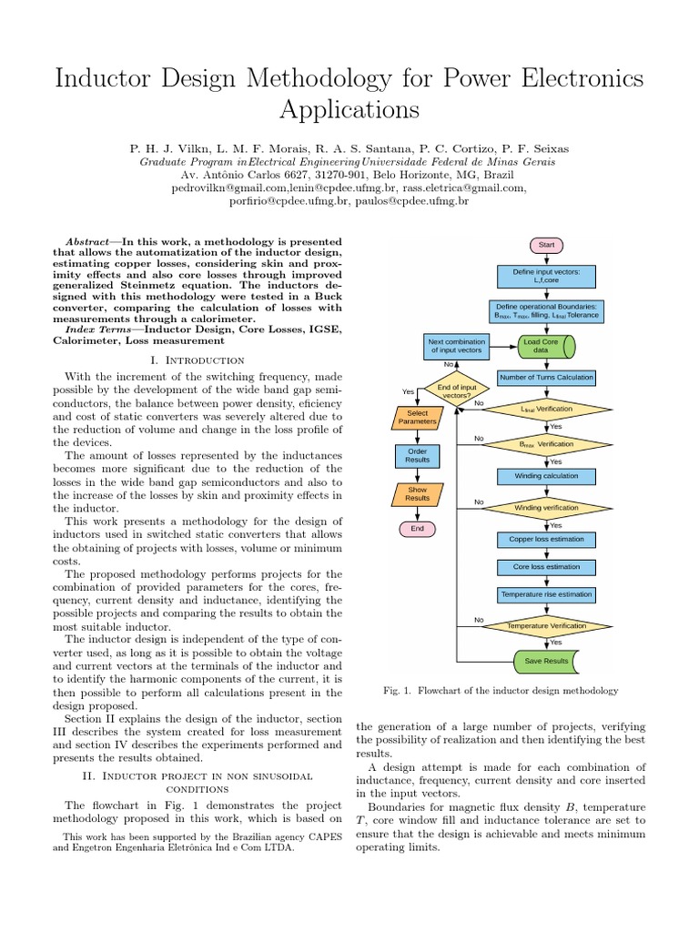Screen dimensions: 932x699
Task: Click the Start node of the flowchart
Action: point(546,245)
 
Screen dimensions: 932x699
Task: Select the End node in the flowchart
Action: point(417,528)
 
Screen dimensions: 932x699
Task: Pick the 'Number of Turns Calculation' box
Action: point(546,378)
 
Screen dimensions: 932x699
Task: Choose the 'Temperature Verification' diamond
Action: point(546,626)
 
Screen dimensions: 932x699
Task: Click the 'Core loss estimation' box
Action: point(546,567)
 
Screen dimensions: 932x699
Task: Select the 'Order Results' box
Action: point(417,456)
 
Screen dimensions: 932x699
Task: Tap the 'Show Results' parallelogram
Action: point(417,494)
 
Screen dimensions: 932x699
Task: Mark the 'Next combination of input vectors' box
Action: point(456,346)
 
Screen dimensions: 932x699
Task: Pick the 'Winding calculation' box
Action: point(546,476)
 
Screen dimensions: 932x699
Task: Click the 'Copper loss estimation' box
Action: point(546,540)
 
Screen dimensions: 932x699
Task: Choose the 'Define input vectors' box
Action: point(546,276)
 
